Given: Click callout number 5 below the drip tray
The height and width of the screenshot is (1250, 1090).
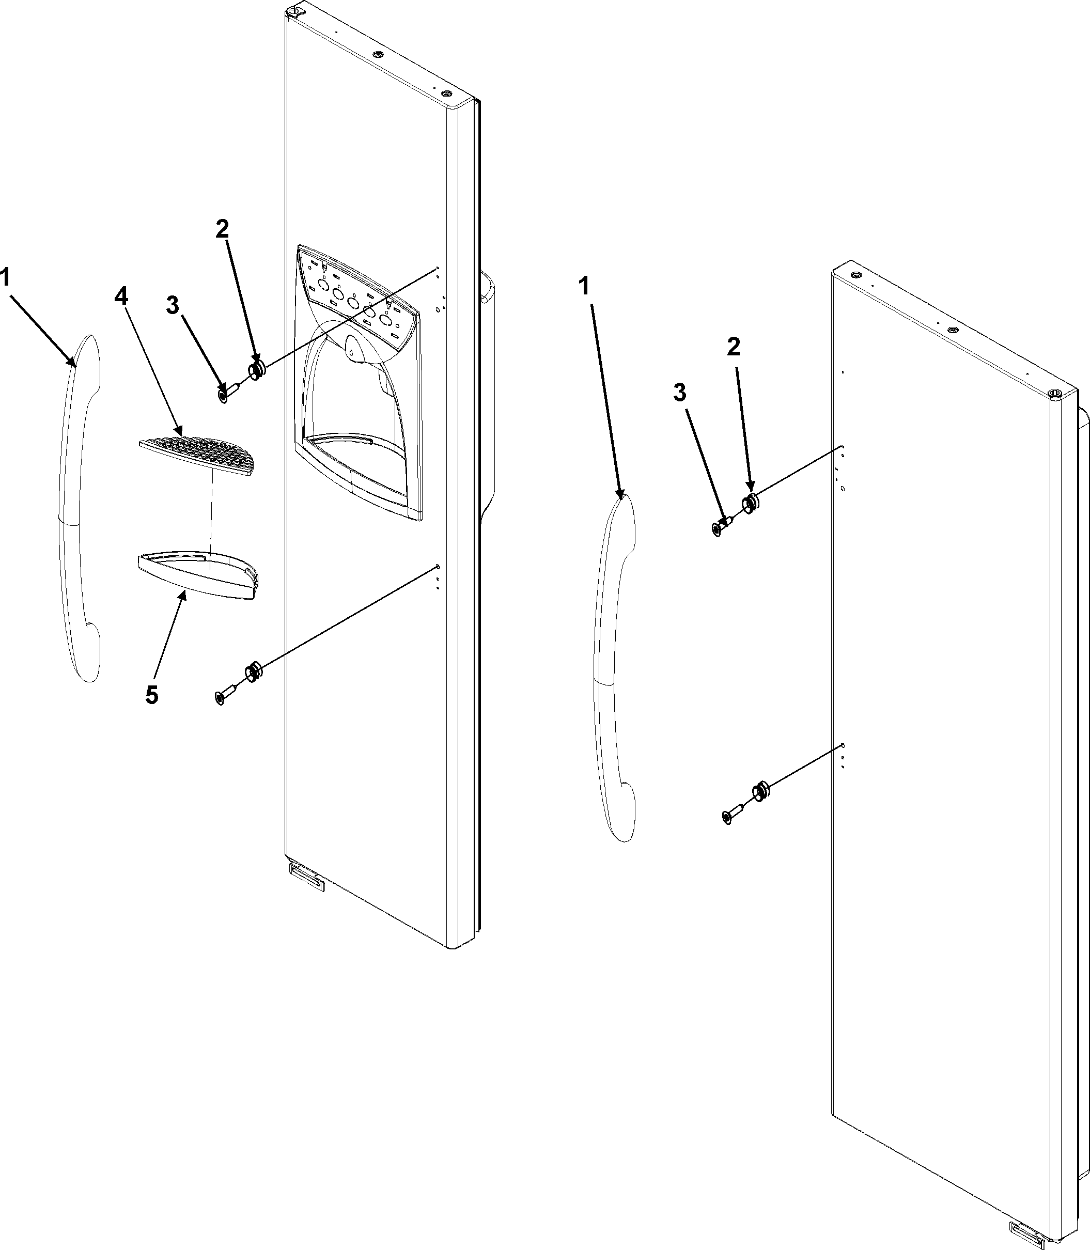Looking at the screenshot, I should (151, 694).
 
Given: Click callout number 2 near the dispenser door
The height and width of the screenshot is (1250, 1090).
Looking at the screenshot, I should (222, 229).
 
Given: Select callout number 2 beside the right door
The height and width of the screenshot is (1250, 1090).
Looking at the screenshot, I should (734, 347).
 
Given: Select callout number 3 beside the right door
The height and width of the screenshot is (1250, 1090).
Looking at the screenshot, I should (679, 394).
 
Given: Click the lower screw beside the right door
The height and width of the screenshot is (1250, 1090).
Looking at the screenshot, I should (730, 816).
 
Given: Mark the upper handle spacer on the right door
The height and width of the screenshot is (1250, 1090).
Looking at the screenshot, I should (750, 503).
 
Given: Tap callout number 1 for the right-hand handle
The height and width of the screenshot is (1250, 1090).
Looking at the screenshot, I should (584, 285).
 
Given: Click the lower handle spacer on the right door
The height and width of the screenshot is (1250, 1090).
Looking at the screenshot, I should (761, 791).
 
